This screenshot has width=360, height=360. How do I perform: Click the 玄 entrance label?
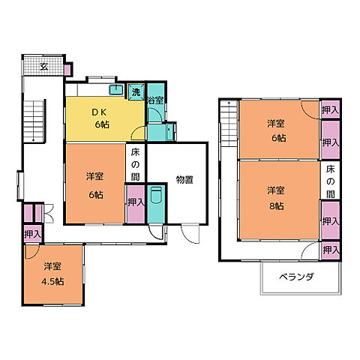(x=43, y=67)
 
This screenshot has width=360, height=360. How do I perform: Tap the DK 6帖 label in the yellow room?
(x=101, y=118)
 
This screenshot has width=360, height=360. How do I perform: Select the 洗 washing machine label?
(x=136, y=91)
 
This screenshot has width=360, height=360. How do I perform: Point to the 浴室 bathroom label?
(x=155, y=100)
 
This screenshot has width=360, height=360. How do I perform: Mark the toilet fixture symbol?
(x=156, y=200)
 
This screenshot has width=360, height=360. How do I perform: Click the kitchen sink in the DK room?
(x=115, y=90)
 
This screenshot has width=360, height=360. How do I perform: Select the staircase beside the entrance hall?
(x=35, y=121)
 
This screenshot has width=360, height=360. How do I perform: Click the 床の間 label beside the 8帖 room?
(x=331, y=176)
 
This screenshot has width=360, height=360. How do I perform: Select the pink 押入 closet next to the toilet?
(x=136, y=203)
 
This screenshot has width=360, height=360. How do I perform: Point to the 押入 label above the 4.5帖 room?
(x=31, y=235)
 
